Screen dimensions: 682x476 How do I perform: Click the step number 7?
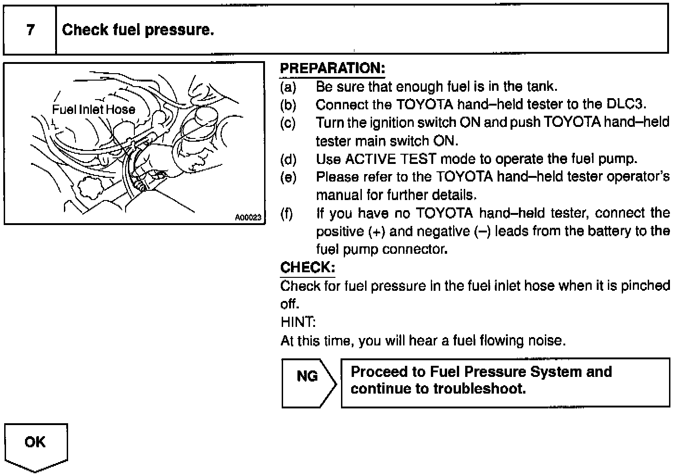click(x=30, y=30)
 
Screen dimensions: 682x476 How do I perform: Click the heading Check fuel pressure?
click(x=138, y=30)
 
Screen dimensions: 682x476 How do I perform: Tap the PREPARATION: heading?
click(x=332, y=69)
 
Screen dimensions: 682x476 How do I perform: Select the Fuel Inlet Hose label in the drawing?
click(x=94, y=110)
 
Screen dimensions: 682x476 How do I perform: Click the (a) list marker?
click(x=288, y=87)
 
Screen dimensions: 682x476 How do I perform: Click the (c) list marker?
click(x=288, y=123)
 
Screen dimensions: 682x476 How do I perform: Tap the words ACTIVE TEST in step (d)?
click(x=391, y=159)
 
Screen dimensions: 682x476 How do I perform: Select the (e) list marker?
click(x=288, y=177)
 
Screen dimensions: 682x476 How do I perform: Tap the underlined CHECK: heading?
click(x=307, y=268)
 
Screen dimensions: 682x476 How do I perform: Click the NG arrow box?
click(x=308, y=382)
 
